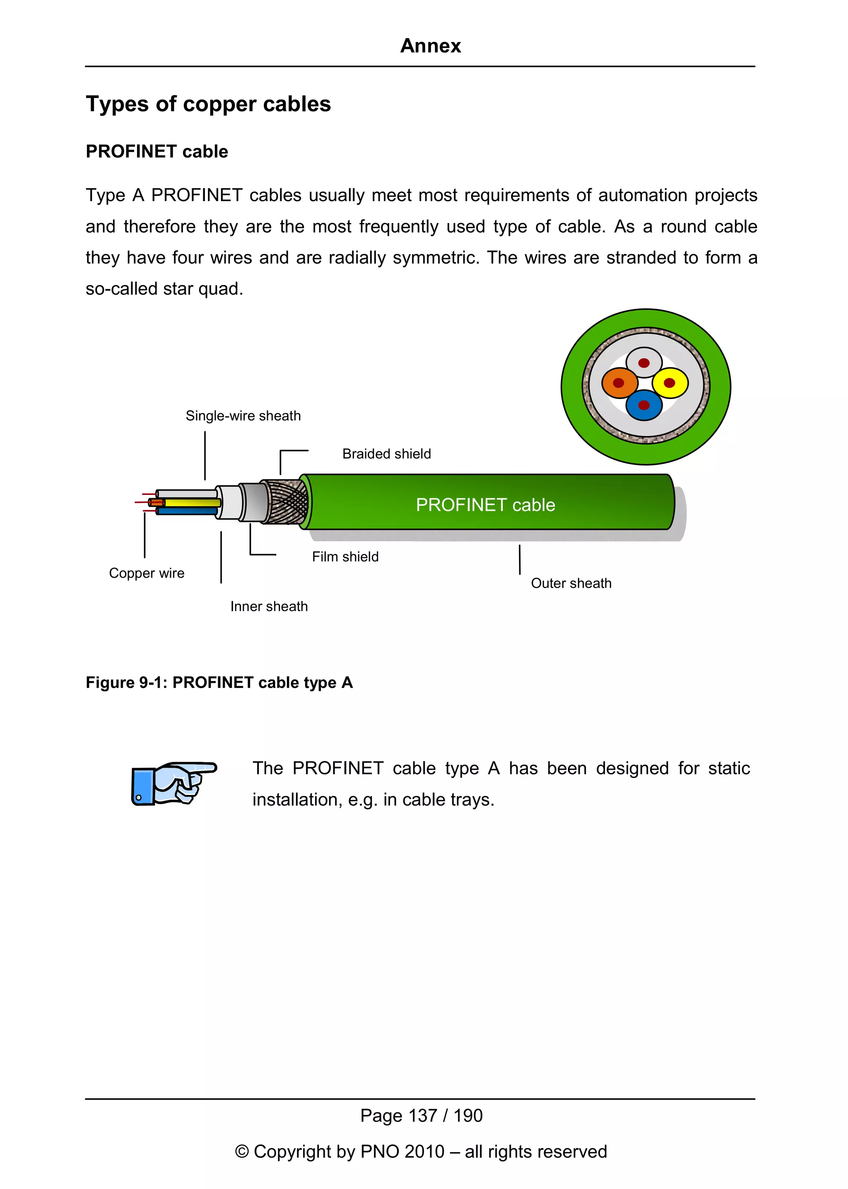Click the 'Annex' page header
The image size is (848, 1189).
click(x=430, y=46)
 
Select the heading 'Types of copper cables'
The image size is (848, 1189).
click(x=208, y=104)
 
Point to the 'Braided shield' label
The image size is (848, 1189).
click(x=386, y=454)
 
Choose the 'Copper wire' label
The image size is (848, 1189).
click(x=147, y=573)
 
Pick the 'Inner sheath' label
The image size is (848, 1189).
click(x=269, y=607)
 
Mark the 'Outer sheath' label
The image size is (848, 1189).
click(x=571, y=583)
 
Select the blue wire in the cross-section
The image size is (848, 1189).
click(x=644, y=406)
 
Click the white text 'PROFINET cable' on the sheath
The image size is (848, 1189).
click(x=485, y=505)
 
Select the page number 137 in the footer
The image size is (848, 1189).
click(x=422, y=1115)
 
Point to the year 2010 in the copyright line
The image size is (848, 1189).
click(x=424, y=1151)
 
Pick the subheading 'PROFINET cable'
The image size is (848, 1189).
click(x=157, y=151)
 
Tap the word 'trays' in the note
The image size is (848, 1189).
click(x=472, y=800)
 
